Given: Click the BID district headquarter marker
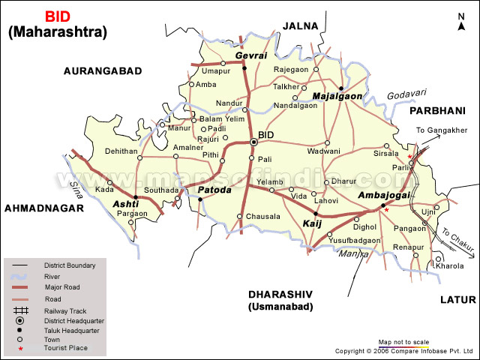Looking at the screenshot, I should pyautogui.click(x=253, y=142).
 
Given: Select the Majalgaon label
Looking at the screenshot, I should pyautogui.click(x=337, y=97).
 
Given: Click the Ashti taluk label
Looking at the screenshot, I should pyautogui.click(x=125, y=204).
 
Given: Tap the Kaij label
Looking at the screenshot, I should pyautogui.click(x=311, y=223).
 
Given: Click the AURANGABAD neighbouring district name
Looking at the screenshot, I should pyautogui.click(x=103, y=70).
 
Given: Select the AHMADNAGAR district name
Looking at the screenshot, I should pyautogui.click(x=43, y=208).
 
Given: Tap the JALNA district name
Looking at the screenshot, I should pyautogui.click(x=299, y=25).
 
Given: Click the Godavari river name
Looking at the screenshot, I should pyautogui.click(x=406, y=94).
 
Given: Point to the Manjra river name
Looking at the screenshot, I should pyautogui.click(x=347, y=253).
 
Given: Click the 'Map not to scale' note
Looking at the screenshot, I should pyautogui.click(x=403, y=341).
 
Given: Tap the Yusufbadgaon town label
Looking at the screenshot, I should pyautogui.click(x=354, y=240).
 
